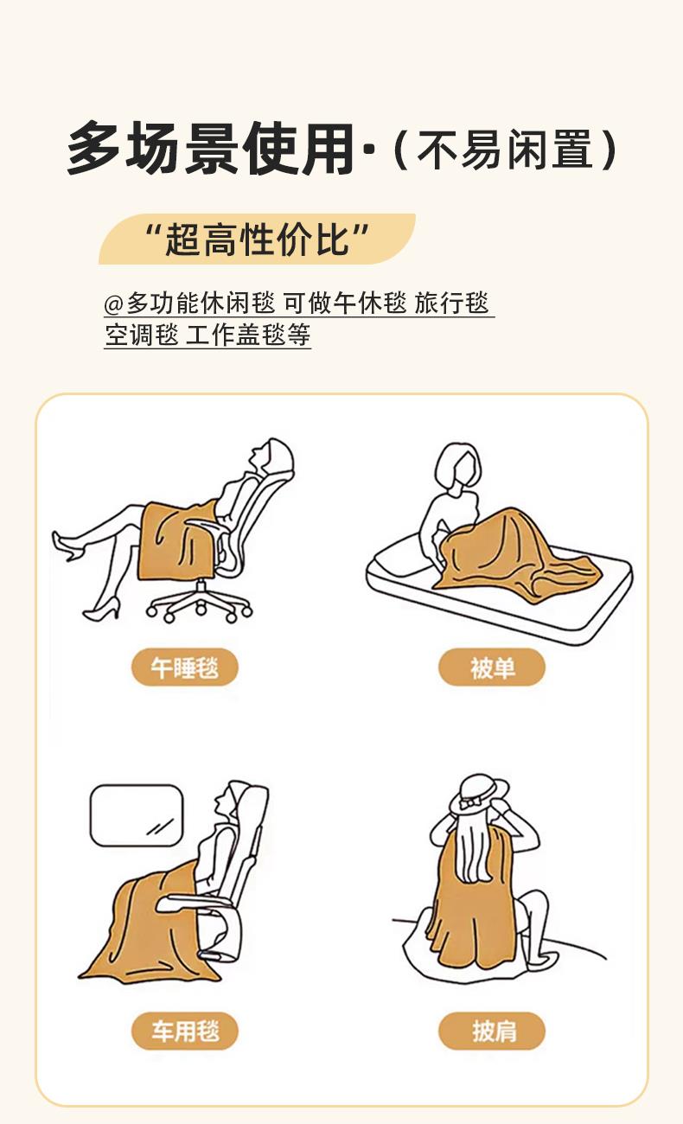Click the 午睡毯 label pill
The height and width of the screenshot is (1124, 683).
pyautogui.click(x=185, y=667)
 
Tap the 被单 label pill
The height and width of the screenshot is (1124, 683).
pyautogui.click(x=492, y=667)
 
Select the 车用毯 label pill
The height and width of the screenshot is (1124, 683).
pyautogui.click(x=185, y=1031)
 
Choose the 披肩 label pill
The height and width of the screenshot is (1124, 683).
pyautogui.click(x=492, y=1031)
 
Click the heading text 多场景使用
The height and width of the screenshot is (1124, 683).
pyautogui.click(x=211, y=148)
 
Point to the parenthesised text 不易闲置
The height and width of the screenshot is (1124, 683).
pyautogui.click(x=505, y=150)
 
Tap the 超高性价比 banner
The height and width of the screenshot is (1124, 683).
pyautogui.click(x=257, y=239)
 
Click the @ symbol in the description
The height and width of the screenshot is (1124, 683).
pyautogui.click(x=113, y=303)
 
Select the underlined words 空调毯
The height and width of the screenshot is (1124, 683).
pyautogui.click(x=142, y=335)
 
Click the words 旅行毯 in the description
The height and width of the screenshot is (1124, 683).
pyautogui.click(x=451, y=303)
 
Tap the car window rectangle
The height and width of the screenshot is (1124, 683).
pyautogui.click(x=137, y=815)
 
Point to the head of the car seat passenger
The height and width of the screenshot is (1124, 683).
pyautogui.click(x=228, y=801)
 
